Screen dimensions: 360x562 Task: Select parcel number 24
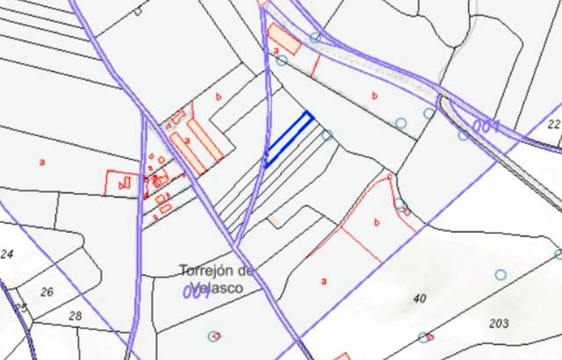click(x=8, y=255)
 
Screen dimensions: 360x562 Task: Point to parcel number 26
click(x=47, y=292)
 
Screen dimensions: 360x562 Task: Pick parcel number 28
click(x=75, y=315)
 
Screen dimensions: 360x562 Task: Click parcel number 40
click(x=420, y=299)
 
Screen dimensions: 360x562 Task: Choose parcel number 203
click(x=499, y=323)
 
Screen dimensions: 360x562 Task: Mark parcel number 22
click(x=553, y=125)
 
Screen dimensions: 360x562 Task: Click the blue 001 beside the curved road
click(x=486, y=126)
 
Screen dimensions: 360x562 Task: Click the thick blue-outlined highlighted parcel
click(x=288, y=139)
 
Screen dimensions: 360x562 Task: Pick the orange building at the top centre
click(x=285, y=40)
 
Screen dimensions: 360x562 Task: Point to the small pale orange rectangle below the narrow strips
click(x=275, y=220)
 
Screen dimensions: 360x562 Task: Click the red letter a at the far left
click(x=41, y=162)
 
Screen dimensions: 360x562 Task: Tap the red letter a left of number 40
click(x=324, y=281)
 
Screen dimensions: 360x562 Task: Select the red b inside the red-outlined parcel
click(x=376, y=223)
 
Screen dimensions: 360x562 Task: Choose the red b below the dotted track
click(x=375, y=95)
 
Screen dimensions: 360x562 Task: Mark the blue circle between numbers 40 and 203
click(x=501, y=275)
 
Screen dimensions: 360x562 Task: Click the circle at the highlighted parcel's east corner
click(x=327, y=134)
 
